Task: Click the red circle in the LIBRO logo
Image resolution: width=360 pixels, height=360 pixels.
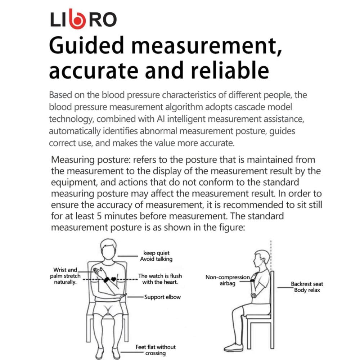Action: tap(77, 21)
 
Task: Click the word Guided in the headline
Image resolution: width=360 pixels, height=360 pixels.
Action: tap(86, 45)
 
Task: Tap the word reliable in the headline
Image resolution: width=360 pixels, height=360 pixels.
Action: tap(230, 71)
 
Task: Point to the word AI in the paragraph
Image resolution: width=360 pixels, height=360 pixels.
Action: tap(161, 119)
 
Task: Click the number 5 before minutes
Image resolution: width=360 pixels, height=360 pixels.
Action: tap(99, 216)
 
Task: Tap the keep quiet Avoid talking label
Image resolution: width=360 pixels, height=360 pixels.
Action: tap(156, 256)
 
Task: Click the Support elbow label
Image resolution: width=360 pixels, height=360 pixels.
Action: tap(162, 297)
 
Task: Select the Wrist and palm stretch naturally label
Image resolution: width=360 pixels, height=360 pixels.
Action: tap(66, 276)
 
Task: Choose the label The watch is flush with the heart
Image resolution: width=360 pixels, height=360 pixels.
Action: tap(160, 279)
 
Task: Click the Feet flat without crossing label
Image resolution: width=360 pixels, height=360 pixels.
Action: tap(156, 350)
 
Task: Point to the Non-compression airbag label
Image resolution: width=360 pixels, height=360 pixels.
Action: tap(228, 280)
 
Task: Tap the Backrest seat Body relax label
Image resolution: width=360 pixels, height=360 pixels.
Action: tap(307, 287)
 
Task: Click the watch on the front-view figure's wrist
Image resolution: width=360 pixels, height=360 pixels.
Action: tap(107, 280)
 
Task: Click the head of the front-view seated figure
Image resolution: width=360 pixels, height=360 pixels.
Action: tap(109, 249)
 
